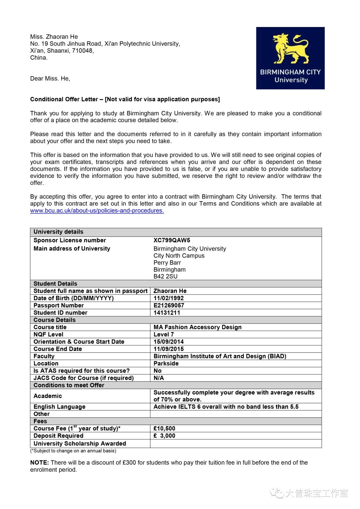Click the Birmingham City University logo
[290, 58]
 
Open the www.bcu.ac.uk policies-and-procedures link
[97, 211]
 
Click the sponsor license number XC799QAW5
[172, 240]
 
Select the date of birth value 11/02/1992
[168, 298]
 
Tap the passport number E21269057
[169, 305]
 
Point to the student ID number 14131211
[167, 313]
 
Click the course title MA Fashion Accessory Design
[197, 327]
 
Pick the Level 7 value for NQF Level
[163, 334]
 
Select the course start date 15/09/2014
[168, 342]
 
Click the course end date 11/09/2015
[168, 349]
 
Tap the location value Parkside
[166, 363]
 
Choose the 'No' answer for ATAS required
[157, 371]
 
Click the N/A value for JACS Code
[159, 378]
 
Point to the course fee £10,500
[164, 428]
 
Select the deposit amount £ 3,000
[164, 436]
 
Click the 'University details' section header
[58, 232]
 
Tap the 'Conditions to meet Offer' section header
[69, 385]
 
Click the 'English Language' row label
[59, 407]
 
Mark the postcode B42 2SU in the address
[165, 276]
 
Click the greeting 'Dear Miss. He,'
[50, 79]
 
